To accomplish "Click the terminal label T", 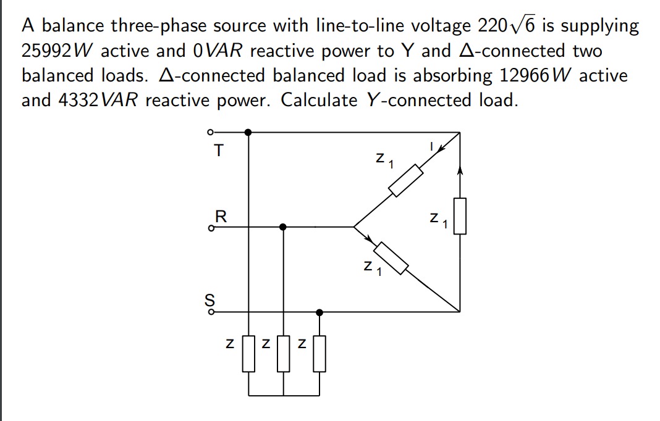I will (x=216, y=150).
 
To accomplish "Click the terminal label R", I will (x=220, y=216).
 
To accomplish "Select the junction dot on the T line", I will (x=248, y=132).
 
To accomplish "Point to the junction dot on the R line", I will (x=283, y=227).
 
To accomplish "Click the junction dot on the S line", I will (x=319, y=312).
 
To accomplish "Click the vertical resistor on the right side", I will (x=459, y=215).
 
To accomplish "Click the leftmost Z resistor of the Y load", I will (x=248, y=353).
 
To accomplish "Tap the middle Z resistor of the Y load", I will (x=284, y=353).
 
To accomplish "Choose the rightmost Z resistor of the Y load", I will (x=319, y=353).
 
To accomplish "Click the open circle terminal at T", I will (x=210, y=132).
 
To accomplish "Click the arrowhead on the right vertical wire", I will (x=460, y=169).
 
